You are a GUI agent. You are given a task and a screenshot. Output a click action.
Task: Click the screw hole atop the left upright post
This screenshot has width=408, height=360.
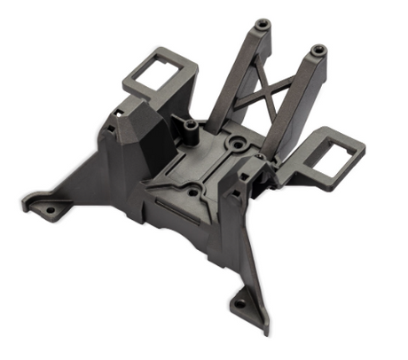263,23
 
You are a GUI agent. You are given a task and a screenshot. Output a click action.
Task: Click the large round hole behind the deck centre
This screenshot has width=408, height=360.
236,142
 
